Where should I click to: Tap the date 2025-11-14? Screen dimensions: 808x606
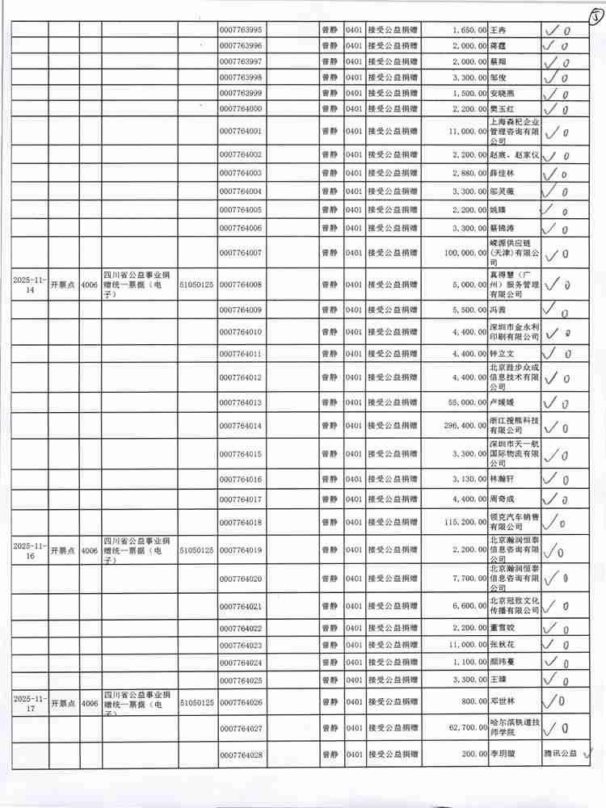tap(30, 284)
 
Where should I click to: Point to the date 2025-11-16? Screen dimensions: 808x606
tap(30, 550)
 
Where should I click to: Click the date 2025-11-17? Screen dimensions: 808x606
tap(30, 703)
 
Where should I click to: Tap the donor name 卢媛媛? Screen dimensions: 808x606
tap(502, 402)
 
